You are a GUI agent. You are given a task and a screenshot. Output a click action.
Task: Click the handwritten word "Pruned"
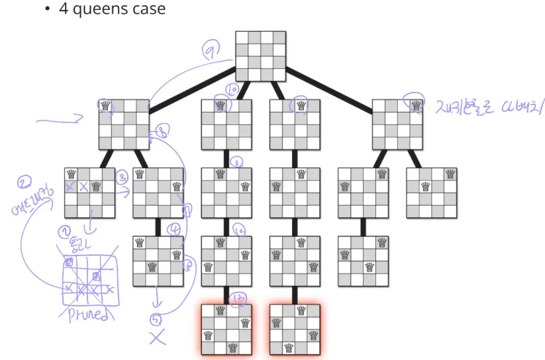[x=90, y=316]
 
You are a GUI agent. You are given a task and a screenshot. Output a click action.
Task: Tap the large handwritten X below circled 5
[x=157, y=337]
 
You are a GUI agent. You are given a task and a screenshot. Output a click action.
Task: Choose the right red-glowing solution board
[x=295, y=329]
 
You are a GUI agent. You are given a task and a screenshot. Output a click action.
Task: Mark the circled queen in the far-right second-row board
[x=416, y=105]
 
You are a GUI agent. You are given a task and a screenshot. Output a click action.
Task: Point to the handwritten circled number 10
[x=232, y=90]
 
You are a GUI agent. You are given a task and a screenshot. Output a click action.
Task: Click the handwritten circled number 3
[x=123, y=177]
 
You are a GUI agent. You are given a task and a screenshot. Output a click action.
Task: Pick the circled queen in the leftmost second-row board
[x=105, y=105]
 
